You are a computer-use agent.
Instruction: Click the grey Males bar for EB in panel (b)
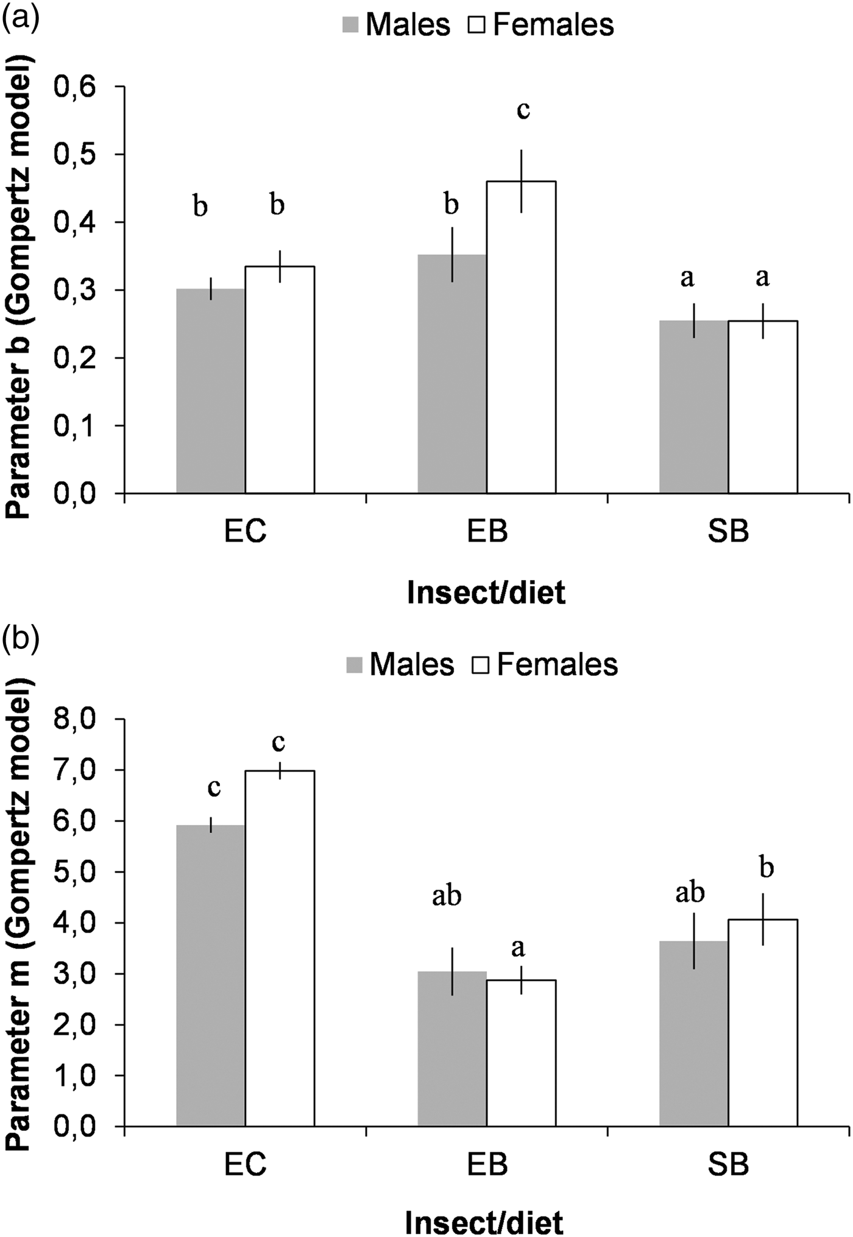tap(452, 1048)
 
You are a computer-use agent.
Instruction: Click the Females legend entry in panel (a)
tap(541, 25)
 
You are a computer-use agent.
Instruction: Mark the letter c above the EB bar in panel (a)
tap(523, 110)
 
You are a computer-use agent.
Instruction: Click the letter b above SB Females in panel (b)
tap(766, 867)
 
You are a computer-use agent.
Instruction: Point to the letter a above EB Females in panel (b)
tap(518, 948)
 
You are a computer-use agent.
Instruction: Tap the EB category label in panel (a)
tap(487, 532)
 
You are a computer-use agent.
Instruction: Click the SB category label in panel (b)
tap(729, 1165)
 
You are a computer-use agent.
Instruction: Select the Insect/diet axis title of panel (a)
tap(486, 593)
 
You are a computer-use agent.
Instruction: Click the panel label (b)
tap(20, 637)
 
